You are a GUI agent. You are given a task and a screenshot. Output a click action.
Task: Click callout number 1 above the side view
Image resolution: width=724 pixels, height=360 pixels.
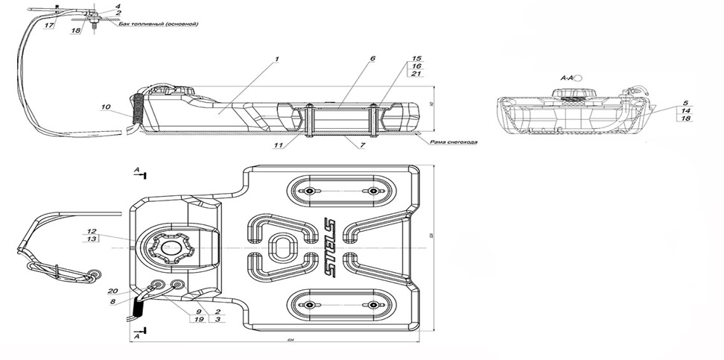(276, 57)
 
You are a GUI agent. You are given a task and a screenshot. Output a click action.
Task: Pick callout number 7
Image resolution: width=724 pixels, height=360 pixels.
(361, 145)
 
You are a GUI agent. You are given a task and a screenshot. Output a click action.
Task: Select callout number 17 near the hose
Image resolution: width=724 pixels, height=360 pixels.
(48, 25)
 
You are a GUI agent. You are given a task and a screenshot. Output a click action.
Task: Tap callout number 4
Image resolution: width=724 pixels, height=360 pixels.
(117, 6)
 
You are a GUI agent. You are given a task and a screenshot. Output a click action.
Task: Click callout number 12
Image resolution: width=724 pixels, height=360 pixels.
(92, 230)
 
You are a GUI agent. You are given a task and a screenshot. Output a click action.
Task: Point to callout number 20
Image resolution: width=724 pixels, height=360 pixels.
(113, 291)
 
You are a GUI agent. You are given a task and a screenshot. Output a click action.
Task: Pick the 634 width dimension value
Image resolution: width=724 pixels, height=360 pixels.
(290, 341)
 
